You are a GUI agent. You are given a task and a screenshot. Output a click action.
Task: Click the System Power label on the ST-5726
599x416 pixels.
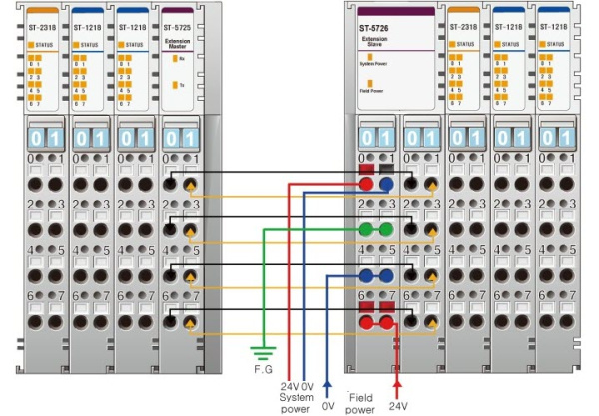click(x=374, y=64)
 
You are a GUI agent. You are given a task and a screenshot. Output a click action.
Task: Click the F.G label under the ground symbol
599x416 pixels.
click(x=262, y=367)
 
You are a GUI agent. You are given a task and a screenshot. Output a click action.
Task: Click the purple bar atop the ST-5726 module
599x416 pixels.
click(x=395, y=10)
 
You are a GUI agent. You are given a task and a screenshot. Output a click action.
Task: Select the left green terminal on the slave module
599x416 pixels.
click(x=366, y=229)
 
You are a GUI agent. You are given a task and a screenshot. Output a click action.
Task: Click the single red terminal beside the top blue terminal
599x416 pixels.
click(x=366, y=185)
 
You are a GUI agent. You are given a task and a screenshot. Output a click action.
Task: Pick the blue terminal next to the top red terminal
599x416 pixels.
click(x=385, y=185)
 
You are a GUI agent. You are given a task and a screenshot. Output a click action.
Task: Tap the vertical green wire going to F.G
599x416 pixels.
click(x=262, y=289)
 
